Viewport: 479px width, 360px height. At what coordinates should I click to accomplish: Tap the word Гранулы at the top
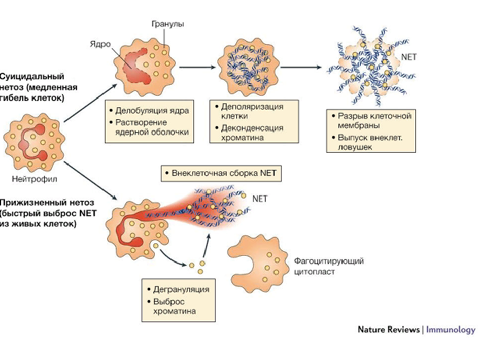[x=168, y=24]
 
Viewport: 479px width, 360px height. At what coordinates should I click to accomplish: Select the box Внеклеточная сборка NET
[x=220, y=173]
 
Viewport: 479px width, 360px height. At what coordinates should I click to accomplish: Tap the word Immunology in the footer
[x=451, y=330]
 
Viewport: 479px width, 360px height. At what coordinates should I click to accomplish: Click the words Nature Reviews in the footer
[x=388, y=330]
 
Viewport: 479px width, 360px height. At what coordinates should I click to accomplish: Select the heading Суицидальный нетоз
[x=31, y=86]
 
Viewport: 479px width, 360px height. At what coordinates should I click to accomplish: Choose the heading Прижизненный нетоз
[x=38, y=213]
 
